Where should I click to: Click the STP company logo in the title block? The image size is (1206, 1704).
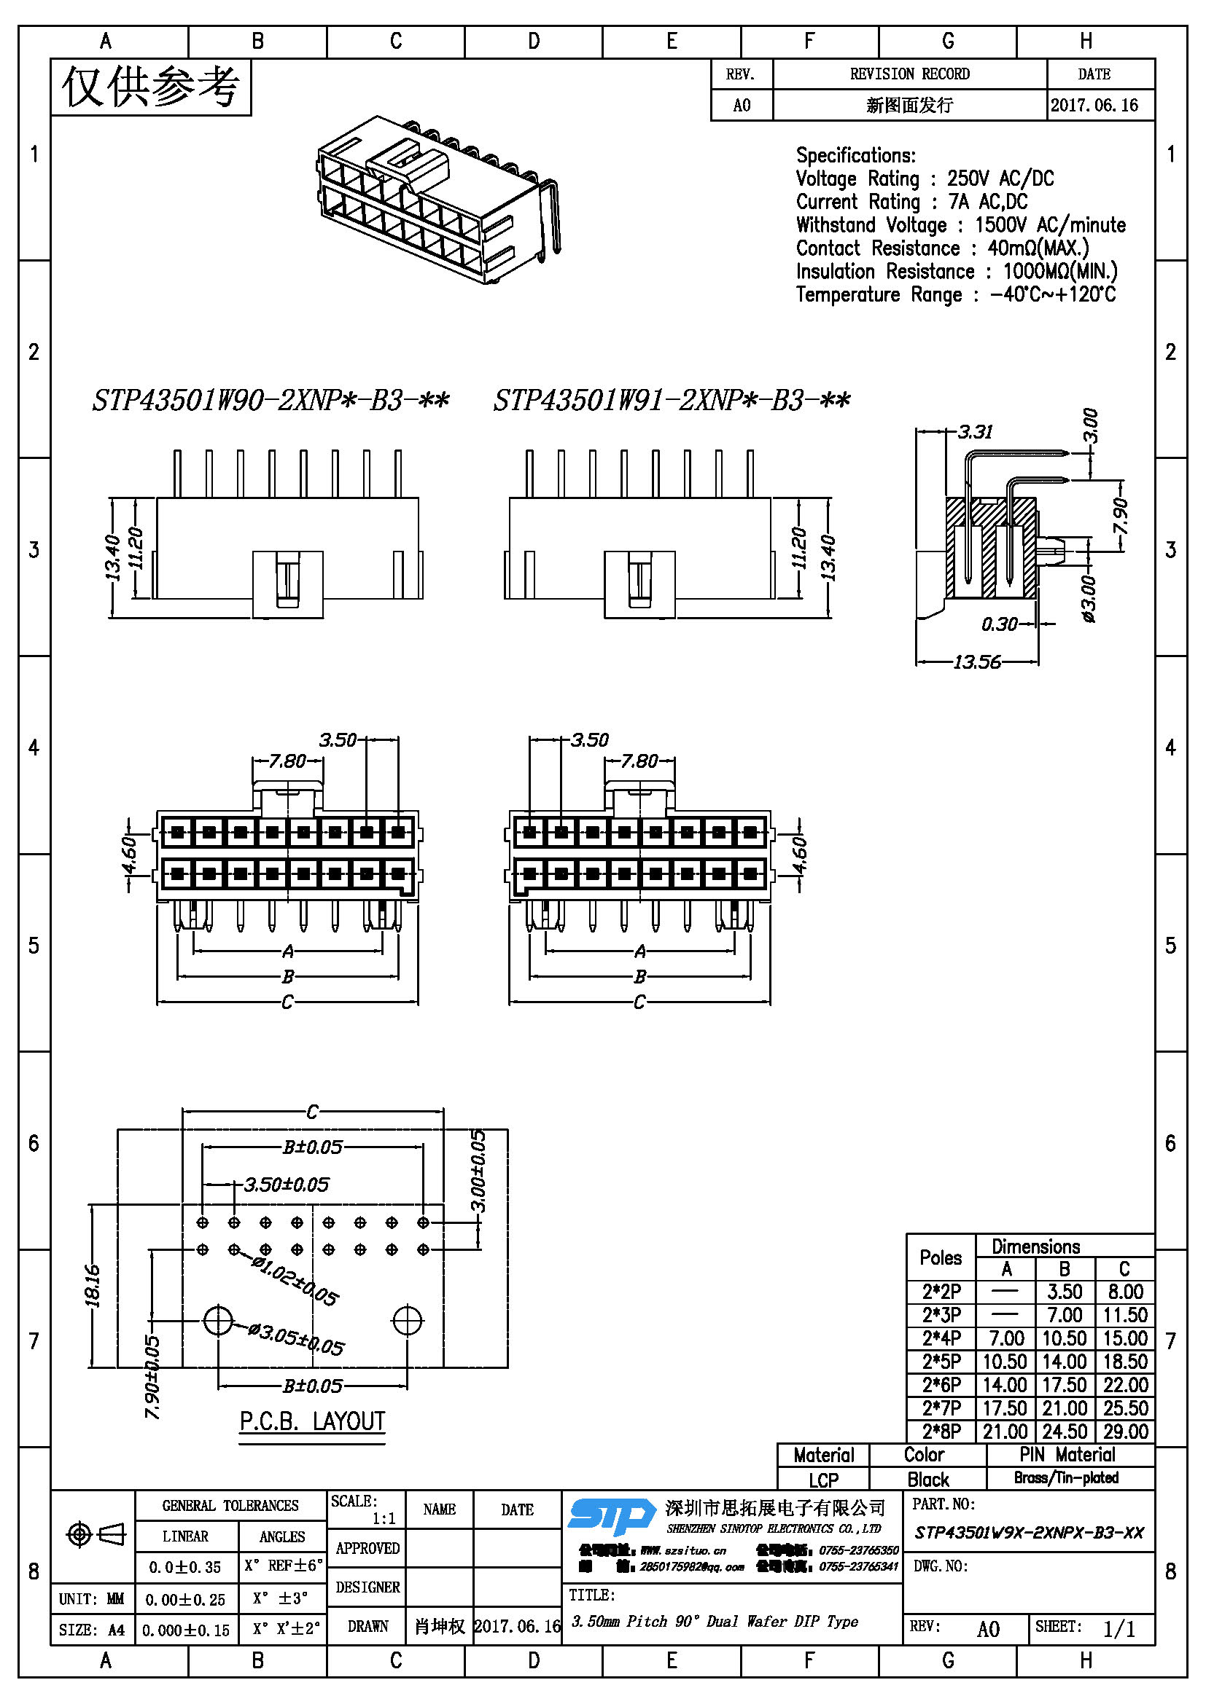click(610, 1516)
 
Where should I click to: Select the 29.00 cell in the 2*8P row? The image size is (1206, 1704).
click(1125, 1431)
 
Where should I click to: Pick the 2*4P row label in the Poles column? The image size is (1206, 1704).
click(941, 1338)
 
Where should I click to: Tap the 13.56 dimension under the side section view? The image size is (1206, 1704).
click(976, 661)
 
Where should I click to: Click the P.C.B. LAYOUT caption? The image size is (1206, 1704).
click(312, 1421)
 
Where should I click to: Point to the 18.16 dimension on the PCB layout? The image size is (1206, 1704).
click(93, 1285)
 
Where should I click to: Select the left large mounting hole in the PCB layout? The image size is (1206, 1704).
click(218, 1320)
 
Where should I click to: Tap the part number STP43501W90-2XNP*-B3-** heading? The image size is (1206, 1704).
click(271, 401)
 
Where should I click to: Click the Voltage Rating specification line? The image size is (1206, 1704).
click(925, 179)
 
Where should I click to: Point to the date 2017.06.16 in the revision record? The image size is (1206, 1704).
click(1094, 106)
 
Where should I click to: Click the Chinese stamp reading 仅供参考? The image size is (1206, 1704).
click(151, 87)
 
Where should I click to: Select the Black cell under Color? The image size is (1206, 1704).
click(927, 1479)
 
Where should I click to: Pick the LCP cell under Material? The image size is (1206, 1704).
click(822, 1480)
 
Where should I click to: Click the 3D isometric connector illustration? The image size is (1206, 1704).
click(438, 198)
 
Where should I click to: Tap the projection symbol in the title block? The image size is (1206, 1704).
click(96, 1534)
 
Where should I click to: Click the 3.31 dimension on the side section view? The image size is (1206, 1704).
click(975, 432)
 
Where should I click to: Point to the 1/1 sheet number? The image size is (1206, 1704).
click(1119, 1628)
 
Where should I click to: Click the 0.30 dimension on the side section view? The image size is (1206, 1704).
click(999, 624)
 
